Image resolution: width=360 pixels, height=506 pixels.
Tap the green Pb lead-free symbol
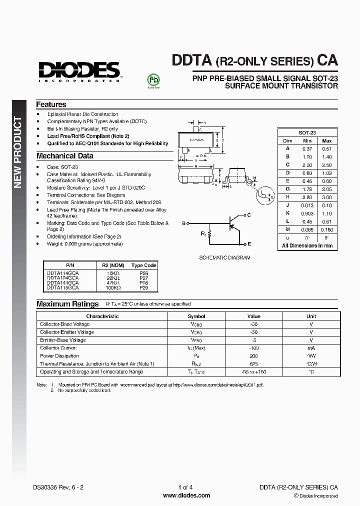(153, 80)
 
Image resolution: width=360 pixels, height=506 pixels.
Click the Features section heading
(51, 104)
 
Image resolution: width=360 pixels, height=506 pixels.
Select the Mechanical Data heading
(65, 156)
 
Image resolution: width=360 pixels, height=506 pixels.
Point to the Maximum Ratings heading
(67, 304)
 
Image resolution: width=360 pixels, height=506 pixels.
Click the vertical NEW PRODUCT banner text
(18, 152)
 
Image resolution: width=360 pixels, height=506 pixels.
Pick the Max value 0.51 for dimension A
(326, 148)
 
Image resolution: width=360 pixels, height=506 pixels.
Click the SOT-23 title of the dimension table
(307, 132)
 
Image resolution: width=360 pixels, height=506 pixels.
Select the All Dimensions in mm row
(307, 246)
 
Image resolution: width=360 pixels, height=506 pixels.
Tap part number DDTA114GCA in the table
(62, 273)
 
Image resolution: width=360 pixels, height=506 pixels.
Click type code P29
(144, 288)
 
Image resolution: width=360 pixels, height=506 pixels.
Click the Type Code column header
(144, 265)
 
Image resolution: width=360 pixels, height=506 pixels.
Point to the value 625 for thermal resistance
(254, 364)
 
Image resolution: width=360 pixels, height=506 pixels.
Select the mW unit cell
(311, 356)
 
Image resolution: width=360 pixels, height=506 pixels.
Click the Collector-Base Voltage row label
(65, 324)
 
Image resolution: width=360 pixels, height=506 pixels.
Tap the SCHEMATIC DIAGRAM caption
(224, 258)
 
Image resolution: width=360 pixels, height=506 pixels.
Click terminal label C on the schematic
(249, 214)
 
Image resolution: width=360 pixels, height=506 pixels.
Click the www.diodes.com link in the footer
(186, 495)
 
